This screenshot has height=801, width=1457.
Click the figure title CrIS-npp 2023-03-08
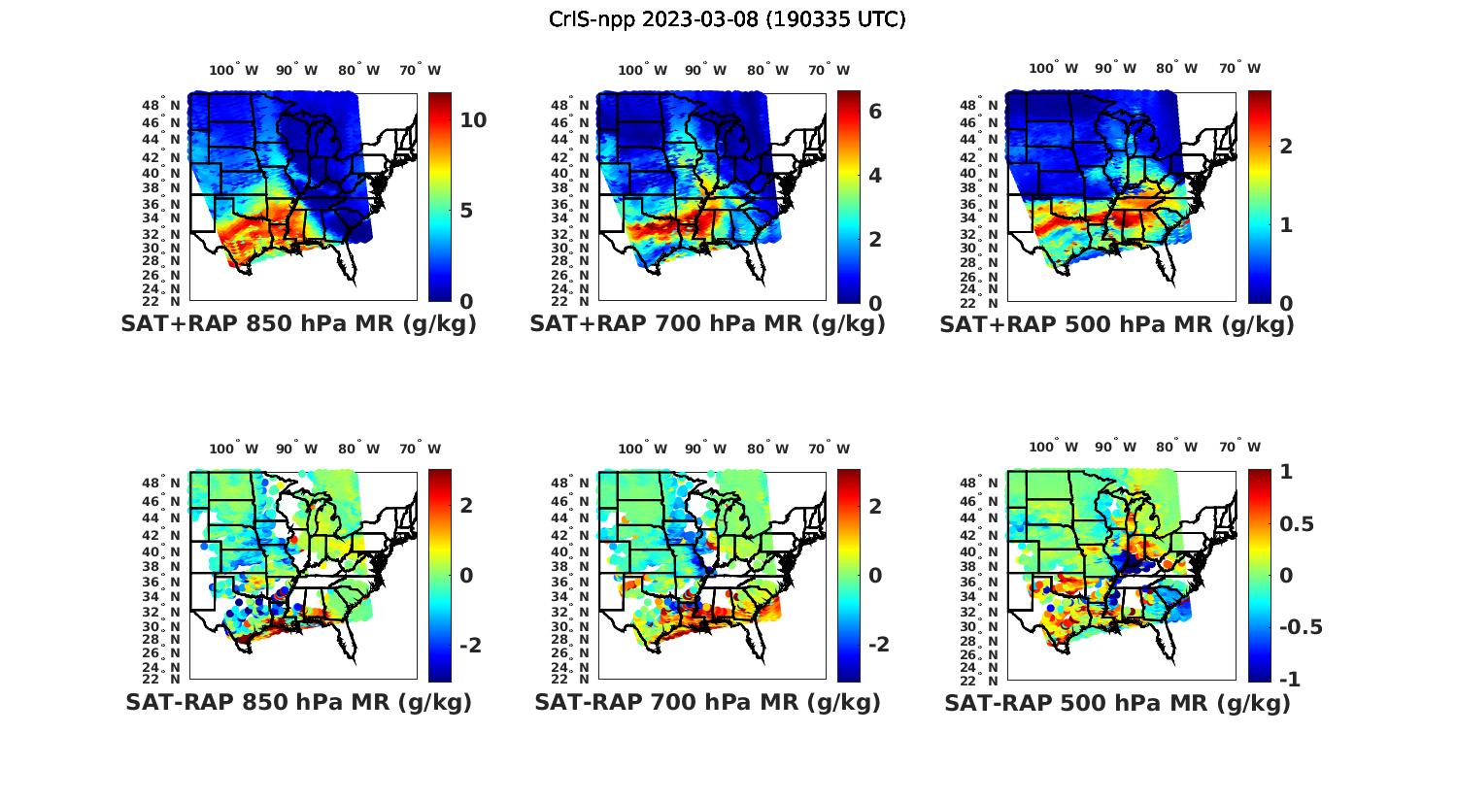(x=727, y=19)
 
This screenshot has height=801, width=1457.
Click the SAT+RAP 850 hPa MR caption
(x=298, y=324)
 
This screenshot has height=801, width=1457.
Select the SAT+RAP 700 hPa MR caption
(x=707, y=324)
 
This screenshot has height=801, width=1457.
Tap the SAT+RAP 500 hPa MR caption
(x=1117, y=324)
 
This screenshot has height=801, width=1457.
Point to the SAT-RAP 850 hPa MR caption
(x=298, y=702)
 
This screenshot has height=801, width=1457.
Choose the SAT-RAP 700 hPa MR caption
(x=707, y=702)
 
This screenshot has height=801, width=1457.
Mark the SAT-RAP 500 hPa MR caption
(x=1117, y=703)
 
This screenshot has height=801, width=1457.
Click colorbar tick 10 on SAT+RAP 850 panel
(x=473, y=120)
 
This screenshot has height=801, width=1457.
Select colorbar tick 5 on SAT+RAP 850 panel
(x=466, y=211)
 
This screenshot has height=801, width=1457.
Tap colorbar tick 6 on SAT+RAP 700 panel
(x=875, y=112)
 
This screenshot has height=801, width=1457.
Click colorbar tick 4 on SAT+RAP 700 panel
(x=875, y=176)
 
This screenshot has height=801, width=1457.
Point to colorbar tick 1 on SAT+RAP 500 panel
(x=1285, y=224)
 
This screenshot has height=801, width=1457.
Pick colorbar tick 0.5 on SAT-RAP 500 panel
(x=1297, y=524)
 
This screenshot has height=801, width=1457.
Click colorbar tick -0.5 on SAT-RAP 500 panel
(x=1301, y=627)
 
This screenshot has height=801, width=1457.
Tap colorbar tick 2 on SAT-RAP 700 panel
(x=875, y=506)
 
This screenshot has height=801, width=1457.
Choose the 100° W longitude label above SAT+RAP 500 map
(x=1053, y=69)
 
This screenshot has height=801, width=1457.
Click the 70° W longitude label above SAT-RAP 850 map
(x=420, y=449)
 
